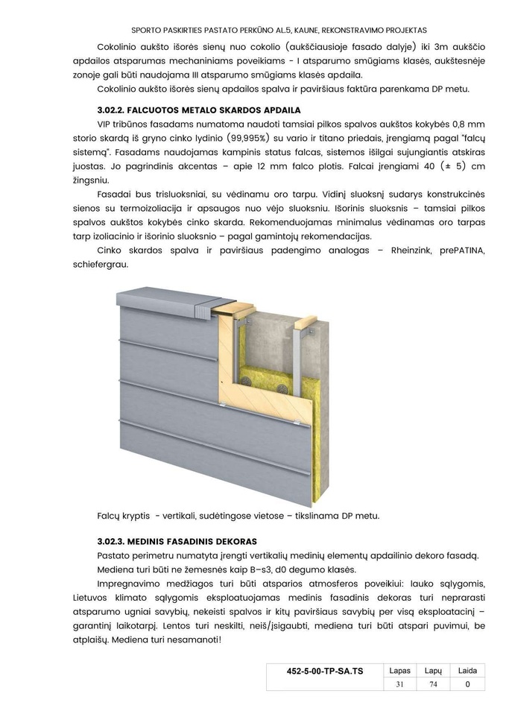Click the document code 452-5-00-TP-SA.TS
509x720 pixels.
325,671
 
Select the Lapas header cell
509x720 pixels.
400,671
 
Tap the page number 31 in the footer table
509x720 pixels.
400,684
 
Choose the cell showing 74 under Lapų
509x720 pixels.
434,684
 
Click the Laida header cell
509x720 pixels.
467,671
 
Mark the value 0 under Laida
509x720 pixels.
467,684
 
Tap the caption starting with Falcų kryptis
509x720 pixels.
238,515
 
